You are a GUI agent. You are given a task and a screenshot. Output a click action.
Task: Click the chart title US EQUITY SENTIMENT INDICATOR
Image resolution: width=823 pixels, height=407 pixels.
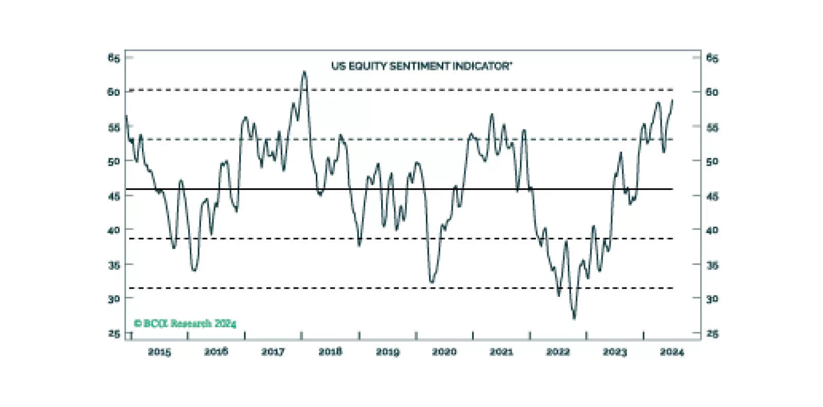(x=421, y=66)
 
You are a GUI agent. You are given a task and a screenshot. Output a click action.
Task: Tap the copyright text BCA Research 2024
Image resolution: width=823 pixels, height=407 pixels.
(x=185, y=323)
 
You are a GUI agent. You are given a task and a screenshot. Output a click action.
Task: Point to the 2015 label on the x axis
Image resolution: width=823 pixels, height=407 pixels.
(x=159, y=352)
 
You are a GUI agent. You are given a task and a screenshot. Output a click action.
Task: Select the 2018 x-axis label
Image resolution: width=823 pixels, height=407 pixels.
(x=330, y=352)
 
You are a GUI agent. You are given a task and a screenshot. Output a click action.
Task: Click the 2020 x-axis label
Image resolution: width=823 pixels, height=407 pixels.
(x=444, y=352)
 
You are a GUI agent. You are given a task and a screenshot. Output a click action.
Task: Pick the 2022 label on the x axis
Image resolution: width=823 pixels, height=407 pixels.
(x=558, y=352)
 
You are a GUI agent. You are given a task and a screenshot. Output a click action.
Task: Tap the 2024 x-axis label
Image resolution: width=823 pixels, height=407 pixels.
(x=672, y=352)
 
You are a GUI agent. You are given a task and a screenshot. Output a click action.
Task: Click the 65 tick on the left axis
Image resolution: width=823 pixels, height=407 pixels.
(x=114, y=58)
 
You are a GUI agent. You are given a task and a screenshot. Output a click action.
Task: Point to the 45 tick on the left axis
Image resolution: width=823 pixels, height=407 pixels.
(x=114, y=196)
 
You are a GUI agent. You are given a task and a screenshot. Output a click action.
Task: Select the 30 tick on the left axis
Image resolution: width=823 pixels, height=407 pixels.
(x=114, y=298)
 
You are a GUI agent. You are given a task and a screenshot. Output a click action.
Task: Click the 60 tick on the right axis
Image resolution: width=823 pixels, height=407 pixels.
(x=712, y=92)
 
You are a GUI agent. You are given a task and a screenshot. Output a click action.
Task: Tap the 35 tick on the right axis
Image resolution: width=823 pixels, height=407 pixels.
(x=712, y=265)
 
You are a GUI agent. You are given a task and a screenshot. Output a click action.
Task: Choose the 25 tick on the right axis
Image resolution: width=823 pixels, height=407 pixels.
(x=712, y=333)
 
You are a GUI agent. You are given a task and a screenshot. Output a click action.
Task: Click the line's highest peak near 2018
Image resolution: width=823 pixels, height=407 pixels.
(x=304, y=72)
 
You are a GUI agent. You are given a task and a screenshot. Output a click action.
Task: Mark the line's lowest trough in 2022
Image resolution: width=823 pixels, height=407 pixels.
(x=574, y=318)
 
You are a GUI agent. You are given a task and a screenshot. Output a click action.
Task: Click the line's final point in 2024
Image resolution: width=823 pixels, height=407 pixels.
(x=672, y=100)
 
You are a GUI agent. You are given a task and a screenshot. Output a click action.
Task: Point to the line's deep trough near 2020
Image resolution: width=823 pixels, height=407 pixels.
(x=432, y=282)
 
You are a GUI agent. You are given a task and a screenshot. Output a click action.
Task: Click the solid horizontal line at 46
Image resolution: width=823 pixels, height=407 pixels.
(x=360, y=189)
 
